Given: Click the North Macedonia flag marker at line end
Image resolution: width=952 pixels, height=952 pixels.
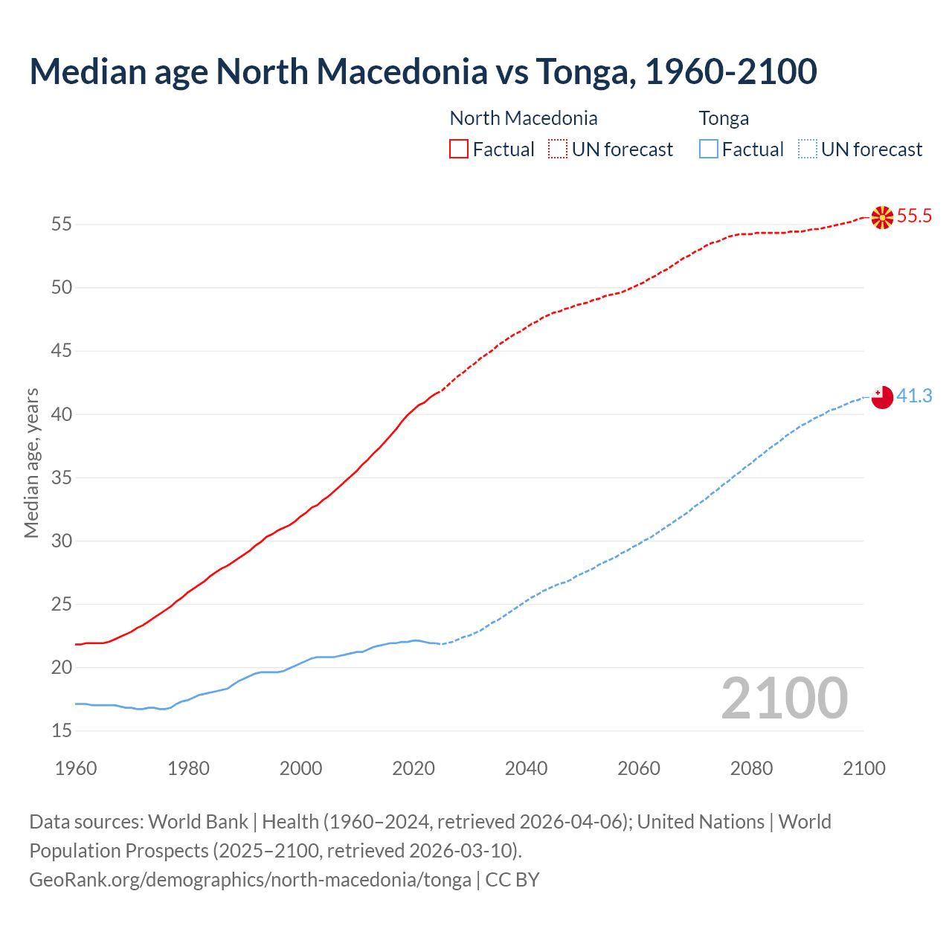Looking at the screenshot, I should tap(882, 217).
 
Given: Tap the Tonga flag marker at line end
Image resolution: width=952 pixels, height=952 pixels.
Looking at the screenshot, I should tap(882, 397).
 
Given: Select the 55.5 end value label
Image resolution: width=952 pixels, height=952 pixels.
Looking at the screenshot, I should tap(914, 216).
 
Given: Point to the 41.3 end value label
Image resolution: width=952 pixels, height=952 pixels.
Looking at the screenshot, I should tap(914, 396).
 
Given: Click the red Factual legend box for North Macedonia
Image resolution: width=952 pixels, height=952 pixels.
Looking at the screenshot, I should tap(459, 149).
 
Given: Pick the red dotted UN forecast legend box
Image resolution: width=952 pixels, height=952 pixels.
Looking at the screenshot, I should tap(558, 149).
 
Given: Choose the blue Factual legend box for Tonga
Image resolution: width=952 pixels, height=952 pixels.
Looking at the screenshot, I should tap(708, 149).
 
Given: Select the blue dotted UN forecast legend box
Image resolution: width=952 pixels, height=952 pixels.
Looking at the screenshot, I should tap(807, 149).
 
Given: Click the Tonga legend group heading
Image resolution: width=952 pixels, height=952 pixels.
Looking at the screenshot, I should tap(724, 118).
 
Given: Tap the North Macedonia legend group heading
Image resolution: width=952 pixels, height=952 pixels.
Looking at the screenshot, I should tap(524, 118).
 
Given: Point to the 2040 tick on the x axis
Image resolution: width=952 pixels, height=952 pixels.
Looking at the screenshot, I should tap(526, 768).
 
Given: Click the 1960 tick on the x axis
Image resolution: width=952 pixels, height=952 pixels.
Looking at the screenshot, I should tap(76, 768).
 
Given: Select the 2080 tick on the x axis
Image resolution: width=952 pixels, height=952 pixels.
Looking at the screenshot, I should tap(751, 768).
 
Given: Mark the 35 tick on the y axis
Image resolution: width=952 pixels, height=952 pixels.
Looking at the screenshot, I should tap(62, 477).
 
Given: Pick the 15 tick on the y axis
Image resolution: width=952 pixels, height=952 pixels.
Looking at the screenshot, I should tap(62, 731).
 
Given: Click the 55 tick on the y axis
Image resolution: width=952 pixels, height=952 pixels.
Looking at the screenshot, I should tap(62, 224).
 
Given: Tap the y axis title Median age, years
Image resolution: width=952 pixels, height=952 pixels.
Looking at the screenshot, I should tap(31, 463).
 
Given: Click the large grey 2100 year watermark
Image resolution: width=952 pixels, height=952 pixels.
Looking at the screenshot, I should tap(784, 698).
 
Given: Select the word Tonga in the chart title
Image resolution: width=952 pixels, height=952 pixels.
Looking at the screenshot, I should tap(585, 71).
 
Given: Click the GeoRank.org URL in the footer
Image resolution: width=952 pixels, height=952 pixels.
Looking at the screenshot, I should tap(250, 880).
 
